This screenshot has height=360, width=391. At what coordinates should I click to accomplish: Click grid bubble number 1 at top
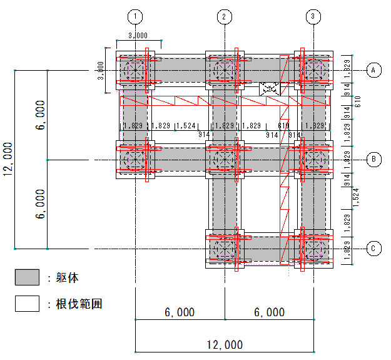tap(135, 17)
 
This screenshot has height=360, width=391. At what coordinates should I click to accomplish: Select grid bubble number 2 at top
tap(225, 17)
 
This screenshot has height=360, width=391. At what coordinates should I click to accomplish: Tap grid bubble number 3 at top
tap(313, 16)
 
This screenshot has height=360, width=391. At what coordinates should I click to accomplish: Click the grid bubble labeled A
tap(373, 70)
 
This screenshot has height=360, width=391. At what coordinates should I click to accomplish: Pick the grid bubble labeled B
tap(373, 159)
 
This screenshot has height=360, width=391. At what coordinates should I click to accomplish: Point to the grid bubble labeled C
tap(373, 249)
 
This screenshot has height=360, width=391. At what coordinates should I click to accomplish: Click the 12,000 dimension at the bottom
tap(225, 345)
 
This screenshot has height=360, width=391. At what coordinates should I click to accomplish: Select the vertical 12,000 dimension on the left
tap(8, 159)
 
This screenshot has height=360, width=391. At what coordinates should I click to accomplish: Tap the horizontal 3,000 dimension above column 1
tap(138, 36)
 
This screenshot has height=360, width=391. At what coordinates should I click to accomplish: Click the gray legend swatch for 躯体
tap(27, 277)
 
